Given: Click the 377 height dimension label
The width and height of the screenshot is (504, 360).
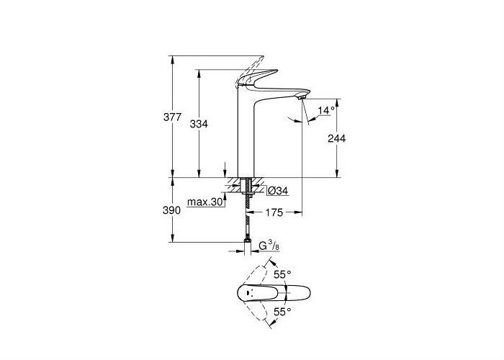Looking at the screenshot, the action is pos(173,117).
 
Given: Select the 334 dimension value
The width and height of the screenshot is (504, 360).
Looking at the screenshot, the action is pos(199,124).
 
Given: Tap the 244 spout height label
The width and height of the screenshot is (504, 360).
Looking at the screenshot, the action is pos(336,138).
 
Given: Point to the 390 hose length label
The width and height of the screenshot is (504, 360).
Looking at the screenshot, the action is pos(171,210).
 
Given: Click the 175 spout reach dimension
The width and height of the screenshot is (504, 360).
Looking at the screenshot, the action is pos(274,212).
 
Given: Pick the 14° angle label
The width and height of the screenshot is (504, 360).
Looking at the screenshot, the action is pos(326,110).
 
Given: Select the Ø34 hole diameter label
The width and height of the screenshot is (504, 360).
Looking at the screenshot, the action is pos(278,191).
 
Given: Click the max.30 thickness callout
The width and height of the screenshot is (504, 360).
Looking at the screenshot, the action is pos(205,202).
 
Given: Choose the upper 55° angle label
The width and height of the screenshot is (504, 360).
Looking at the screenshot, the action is pos(282,274).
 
